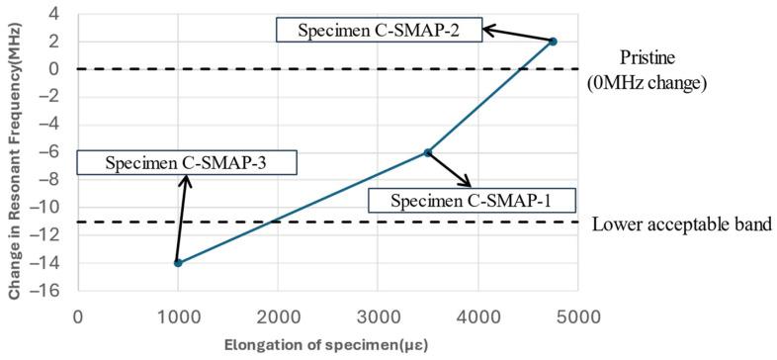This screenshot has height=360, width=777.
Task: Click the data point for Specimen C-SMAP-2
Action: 553,42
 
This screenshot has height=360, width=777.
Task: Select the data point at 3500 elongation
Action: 427,152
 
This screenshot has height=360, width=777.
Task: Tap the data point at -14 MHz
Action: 178,263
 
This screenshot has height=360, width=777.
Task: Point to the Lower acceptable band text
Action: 681,225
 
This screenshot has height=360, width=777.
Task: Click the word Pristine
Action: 648,58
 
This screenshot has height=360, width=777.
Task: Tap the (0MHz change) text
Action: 648,84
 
